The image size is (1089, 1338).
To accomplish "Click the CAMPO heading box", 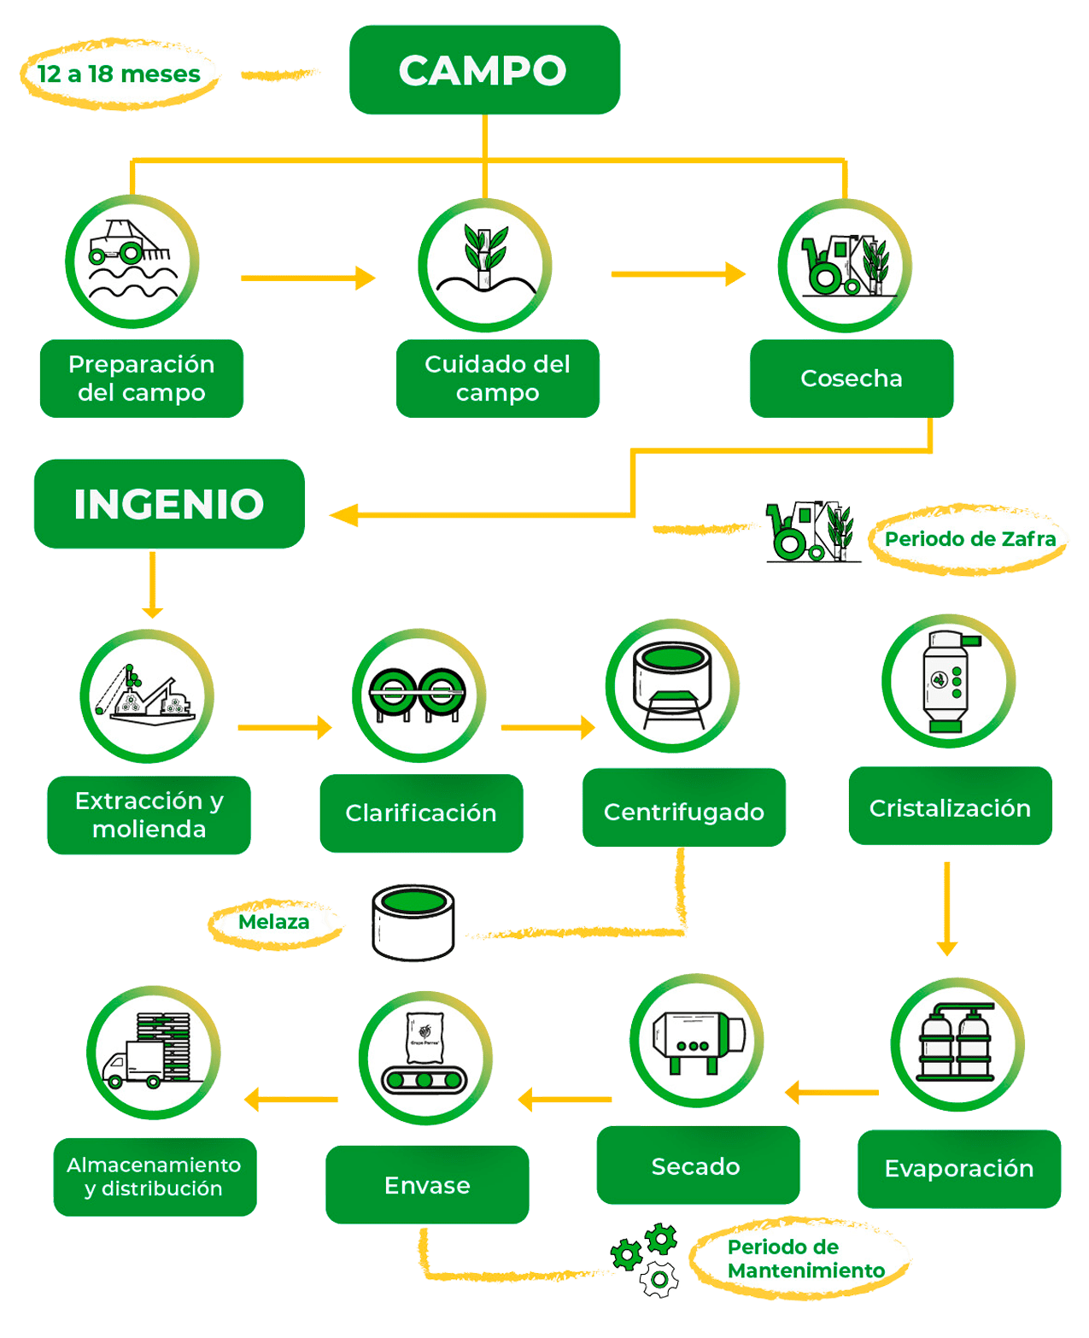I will (x=483, y=70).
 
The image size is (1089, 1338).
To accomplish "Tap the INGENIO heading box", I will (x=169, y=504).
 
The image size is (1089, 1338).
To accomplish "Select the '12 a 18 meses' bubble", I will (x=119, y=74).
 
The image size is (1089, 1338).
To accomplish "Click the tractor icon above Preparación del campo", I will (x=132, y=261).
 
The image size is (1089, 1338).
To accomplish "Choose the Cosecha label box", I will (x=851, y=379).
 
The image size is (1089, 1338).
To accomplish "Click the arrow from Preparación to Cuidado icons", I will (x=307, y=278).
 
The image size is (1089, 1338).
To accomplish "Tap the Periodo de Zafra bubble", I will (x=969, y=539).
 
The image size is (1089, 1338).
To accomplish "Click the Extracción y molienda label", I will (x=149, y=815).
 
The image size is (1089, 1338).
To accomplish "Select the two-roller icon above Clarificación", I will (x=419, y=695).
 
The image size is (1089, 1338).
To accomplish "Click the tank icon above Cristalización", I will (x=948, y=681).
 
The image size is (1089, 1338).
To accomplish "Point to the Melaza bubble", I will (x=274, y=922).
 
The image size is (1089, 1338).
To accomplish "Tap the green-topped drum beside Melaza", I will (x=413, y=924).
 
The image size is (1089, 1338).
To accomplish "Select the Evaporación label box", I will (x=958, y=1169).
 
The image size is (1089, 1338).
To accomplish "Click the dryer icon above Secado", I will (x=697, y=1041).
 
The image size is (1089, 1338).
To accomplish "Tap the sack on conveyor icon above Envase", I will (x=424, y=1057).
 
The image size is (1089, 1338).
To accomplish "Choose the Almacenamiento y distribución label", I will (x=155, y=1177).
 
